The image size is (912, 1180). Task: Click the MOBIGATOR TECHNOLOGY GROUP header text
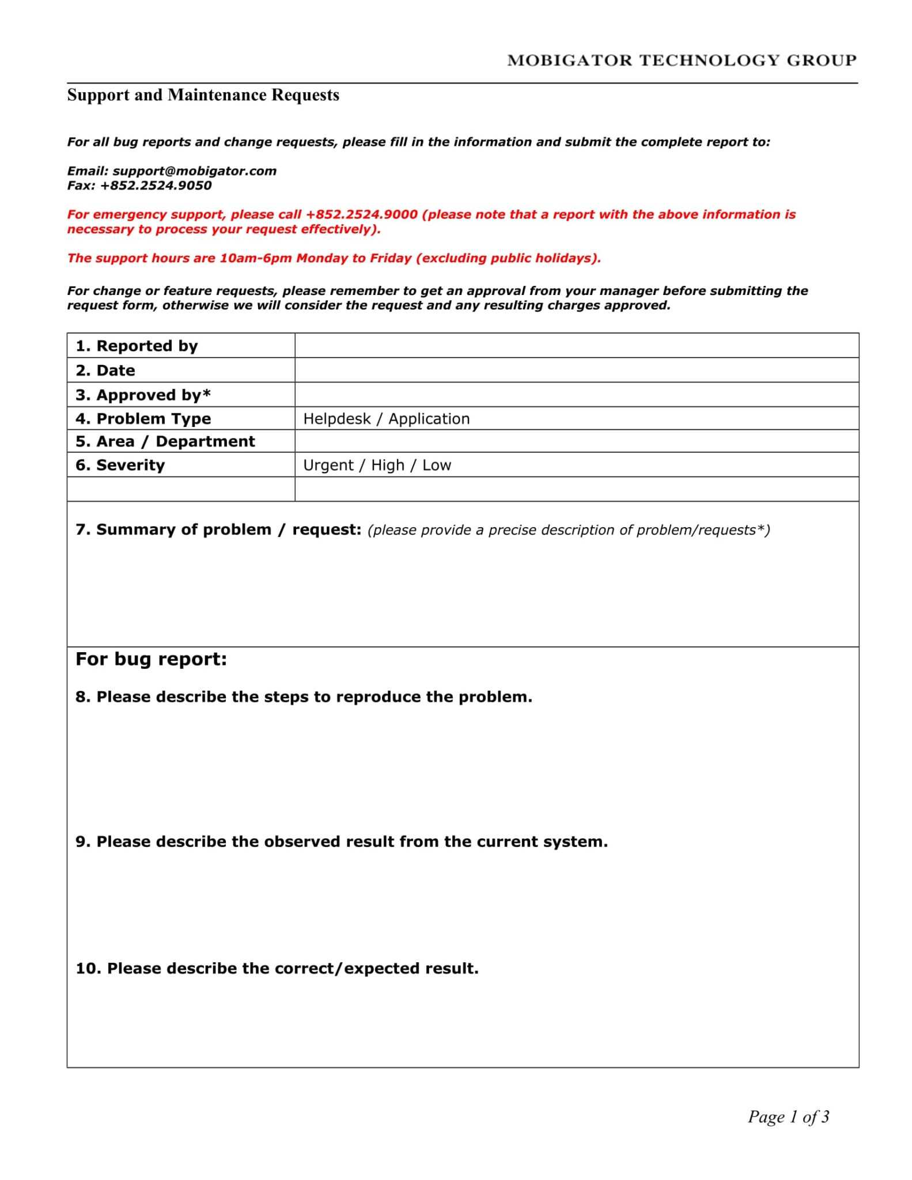click(x=682, y=60)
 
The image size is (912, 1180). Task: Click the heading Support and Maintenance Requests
click(x=203, y=95)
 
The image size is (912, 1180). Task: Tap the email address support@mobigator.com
click(x=195, y=171)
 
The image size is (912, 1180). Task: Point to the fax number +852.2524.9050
click(x=156, y=186)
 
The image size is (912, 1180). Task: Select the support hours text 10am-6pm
click(x=256, y=258)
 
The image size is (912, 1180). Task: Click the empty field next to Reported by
click(x=576, y=346)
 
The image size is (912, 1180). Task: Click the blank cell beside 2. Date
click(x=576, y=370)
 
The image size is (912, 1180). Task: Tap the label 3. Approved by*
click(x=143, y=395)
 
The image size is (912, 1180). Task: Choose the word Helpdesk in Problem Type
click(x=337, y=419)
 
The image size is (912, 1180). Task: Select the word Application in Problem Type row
click(x=429, y=419)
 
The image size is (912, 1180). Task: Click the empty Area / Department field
click(x=576, y=441)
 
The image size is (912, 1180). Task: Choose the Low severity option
click(x=436, y=465)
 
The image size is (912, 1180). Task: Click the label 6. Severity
click(x=120, y=465)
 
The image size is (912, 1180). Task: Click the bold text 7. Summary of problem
click(x=173, y=530)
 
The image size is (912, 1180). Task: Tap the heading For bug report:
click(x=152, y=659)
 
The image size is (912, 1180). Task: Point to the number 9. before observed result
click(x=83, y=842)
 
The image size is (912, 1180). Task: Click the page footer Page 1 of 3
click(x=788, y=1117)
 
